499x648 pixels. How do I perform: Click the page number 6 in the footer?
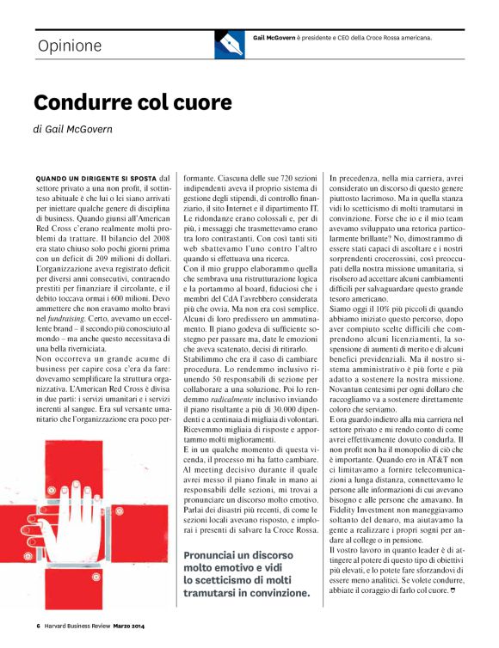(38, 625)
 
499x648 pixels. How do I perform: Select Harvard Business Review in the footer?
(77, 625)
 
